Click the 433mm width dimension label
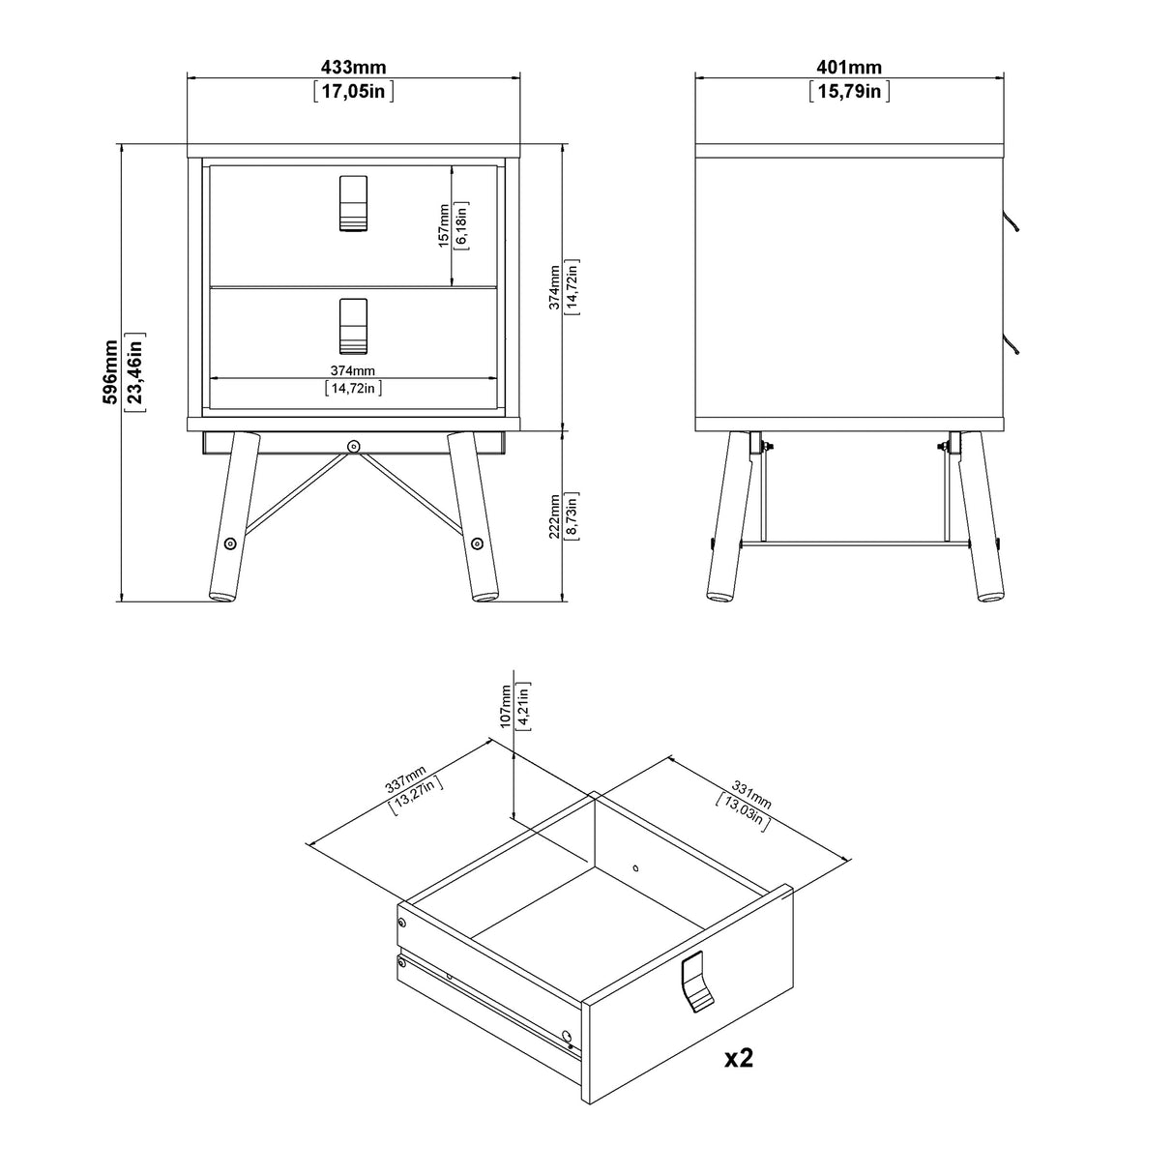pos(353,67)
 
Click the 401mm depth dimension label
pos(849,67)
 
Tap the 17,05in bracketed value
pos(353,92)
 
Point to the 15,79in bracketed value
pos(849,92)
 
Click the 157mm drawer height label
pos(443,225)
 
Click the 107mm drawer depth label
pos(505,706)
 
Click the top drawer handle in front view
pos(354,204)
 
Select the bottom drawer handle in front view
pos(354,326)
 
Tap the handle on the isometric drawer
pos(696,983)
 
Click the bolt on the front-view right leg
pos(477,544)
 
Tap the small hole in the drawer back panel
pos(635,867)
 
